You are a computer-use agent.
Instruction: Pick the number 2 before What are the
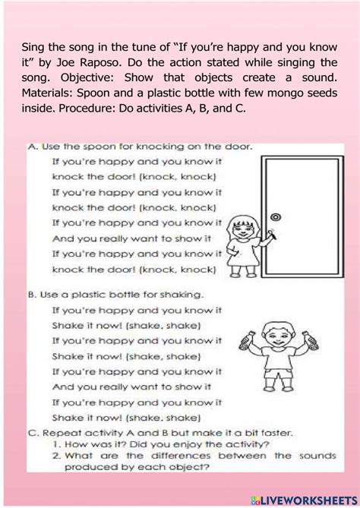point(56,456)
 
